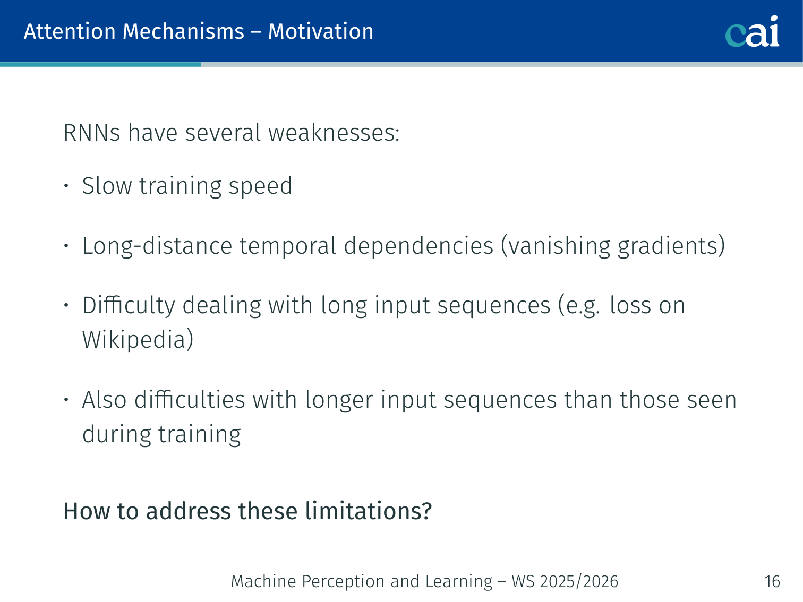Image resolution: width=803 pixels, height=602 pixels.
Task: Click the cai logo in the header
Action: [752, 31]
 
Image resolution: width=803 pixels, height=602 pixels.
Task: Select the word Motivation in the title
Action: [320, 31]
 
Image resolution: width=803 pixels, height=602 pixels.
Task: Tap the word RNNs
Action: [92, 132]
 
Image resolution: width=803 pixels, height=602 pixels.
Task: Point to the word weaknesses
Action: [334, 132]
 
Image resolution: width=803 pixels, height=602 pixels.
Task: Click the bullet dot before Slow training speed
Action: [66, 186]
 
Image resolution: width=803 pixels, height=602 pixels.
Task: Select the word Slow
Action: [107, 186]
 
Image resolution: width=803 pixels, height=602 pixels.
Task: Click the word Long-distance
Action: [157, 245]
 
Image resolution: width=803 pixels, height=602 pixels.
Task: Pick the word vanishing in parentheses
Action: [556, 245]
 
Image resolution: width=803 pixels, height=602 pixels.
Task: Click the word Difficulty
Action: [129, 305]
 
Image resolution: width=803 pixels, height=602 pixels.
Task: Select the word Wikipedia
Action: [134, 340]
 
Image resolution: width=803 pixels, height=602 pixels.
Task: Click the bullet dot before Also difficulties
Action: [66, 400]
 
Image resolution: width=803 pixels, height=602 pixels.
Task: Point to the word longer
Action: [339, 400]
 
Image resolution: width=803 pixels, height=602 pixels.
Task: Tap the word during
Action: [116, 434]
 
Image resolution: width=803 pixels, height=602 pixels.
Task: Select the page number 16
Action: [772, 581]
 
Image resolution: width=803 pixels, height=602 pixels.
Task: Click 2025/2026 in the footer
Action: [579, 581]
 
